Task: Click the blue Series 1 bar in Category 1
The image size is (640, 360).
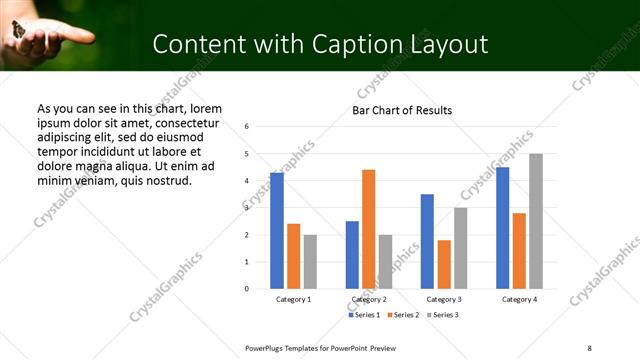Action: [277, 231]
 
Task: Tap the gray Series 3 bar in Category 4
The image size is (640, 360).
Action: [536, 221]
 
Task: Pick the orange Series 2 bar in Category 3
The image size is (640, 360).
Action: [444, 264]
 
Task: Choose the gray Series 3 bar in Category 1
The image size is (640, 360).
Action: [310, 262]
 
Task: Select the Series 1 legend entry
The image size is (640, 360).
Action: [364, 315]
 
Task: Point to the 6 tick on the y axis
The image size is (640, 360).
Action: [247, 127]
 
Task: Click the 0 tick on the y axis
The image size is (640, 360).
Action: [247, 289]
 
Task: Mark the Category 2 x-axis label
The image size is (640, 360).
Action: [369, 299]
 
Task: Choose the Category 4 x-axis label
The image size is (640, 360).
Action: [519, 299]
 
